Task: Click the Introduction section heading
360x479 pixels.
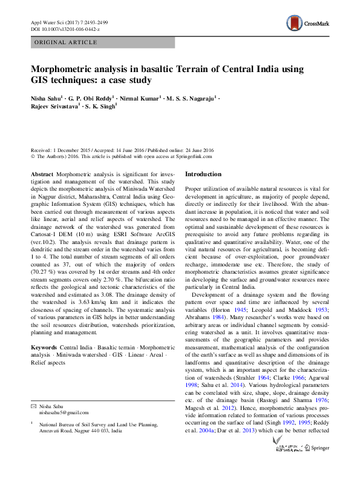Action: click(x=203, y=174)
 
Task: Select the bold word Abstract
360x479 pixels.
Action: click(x=42, y=174)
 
